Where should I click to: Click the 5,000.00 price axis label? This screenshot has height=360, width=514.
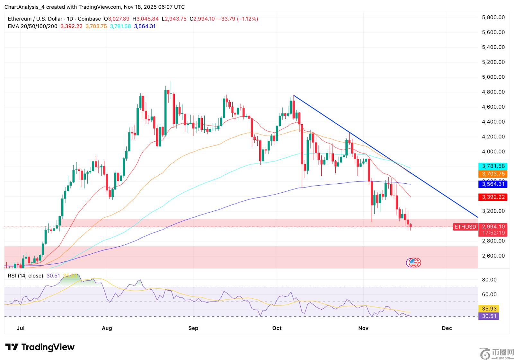[493, 77]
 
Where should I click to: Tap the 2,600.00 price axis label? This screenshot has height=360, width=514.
[493, 256]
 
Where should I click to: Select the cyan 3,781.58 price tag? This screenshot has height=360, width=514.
[493, 166]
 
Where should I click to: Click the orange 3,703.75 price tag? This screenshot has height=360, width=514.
[493, 174]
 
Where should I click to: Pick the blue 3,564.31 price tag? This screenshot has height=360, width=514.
[493, 184]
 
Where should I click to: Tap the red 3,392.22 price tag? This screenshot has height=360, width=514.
[493, 197]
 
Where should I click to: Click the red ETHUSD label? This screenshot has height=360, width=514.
[465, 227]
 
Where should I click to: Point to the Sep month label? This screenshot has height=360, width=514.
[193, 328]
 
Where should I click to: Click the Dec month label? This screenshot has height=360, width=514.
[447, 328]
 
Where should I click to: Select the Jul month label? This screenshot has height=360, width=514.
[21, 328]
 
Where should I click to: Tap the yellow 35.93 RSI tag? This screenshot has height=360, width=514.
[489, 309]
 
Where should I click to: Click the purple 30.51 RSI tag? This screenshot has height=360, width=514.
[489, 316]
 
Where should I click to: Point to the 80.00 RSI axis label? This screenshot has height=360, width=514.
[489, 280]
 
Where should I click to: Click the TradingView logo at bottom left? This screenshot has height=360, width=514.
[40, 347]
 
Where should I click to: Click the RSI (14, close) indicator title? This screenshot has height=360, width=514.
[25, 276]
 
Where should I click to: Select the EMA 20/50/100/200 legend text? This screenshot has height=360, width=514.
[32, 26]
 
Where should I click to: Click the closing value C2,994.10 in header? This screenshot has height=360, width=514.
[202, 19]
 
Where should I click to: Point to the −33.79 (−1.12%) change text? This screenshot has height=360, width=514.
[238, 19]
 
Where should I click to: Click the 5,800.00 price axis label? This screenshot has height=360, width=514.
[493, 17]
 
